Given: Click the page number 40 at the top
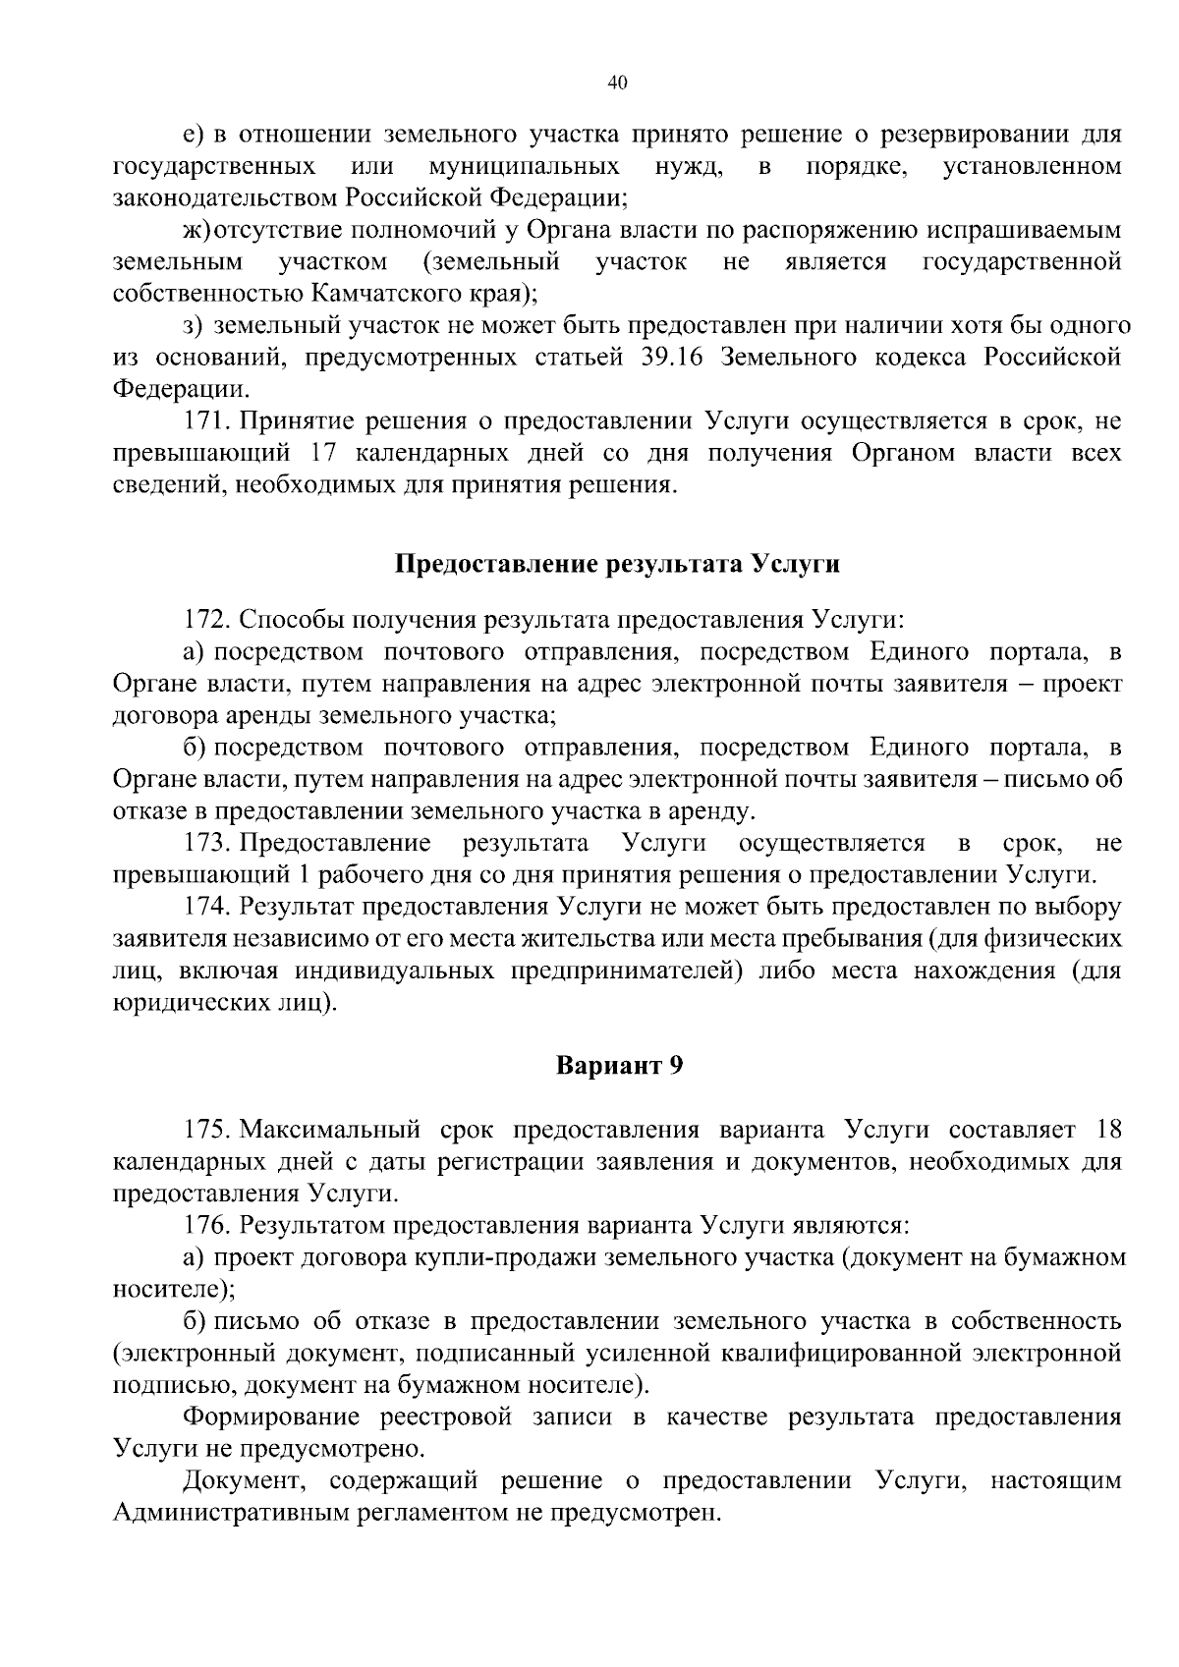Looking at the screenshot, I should tap(618, 83).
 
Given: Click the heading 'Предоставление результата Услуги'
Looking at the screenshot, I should tap(618, 565).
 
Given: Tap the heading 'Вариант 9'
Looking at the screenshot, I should tap(618, 1067).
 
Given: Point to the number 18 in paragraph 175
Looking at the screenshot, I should tap(1106, 1130).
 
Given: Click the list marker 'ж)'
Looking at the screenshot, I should tap(196, 230).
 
